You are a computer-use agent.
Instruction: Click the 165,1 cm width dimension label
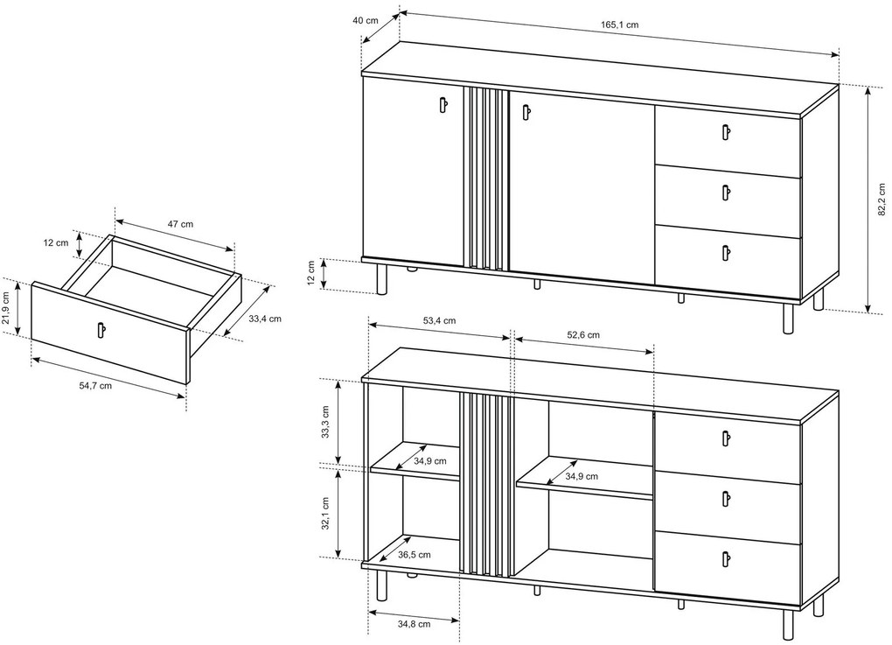[619, 25]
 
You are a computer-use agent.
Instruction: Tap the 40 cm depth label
[366, 20]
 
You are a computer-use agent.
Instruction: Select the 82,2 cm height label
[882, 200]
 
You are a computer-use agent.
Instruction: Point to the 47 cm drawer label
[180, 224]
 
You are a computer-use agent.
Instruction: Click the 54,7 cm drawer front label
[95, 385]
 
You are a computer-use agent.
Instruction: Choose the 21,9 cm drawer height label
[6, 308]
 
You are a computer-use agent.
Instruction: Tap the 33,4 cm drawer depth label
[264, 319]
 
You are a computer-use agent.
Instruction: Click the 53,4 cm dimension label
[439, 320]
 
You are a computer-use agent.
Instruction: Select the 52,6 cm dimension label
[582, 334]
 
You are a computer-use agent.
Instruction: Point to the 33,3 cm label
[324, 423]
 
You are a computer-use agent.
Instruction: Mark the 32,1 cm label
[324, 514]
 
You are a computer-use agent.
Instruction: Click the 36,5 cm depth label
[415, 554]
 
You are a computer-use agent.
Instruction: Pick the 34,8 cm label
[414, 624]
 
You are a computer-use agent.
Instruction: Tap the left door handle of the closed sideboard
[443, 105]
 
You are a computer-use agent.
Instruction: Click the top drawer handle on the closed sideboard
[726, 131]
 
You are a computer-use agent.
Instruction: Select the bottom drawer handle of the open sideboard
[726, 559]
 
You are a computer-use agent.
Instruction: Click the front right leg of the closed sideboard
[787, 319]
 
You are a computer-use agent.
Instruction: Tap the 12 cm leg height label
[310, 273]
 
